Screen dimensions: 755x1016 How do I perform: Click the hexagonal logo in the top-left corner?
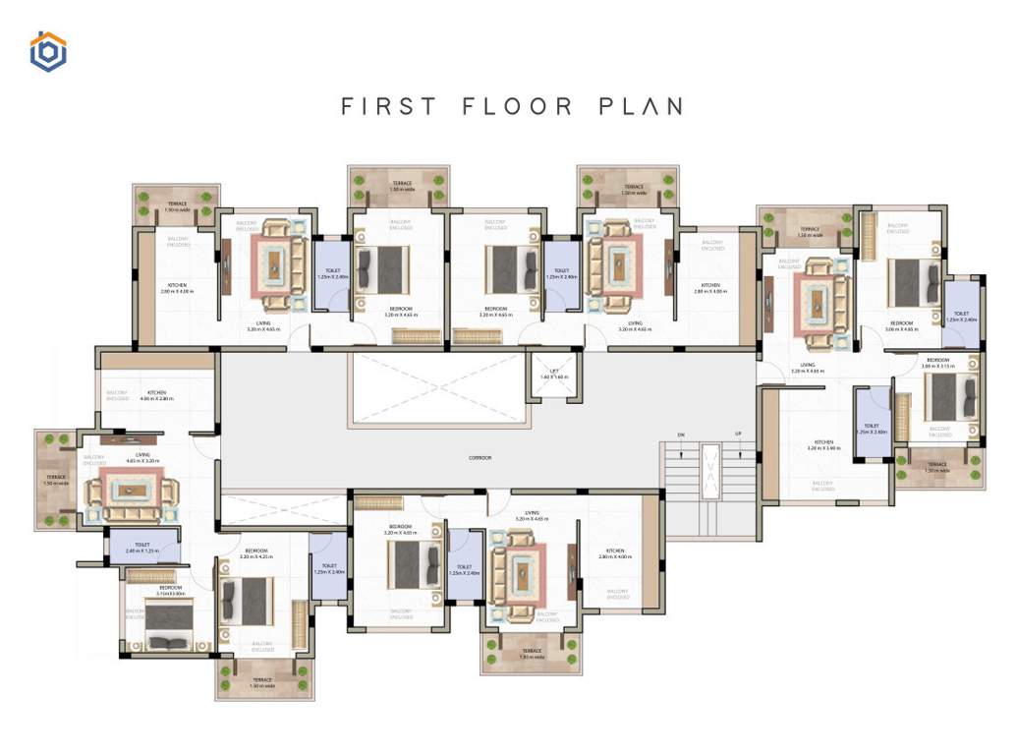pos(47,52)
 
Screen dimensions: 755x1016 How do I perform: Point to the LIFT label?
pos(554,374)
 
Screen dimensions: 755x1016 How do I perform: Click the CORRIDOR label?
pos(480,458)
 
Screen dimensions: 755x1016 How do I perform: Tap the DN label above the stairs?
pos(680,435)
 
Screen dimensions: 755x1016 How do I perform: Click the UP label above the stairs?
pos(736,435)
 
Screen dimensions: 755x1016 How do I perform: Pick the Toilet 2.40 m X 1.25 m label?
pos(142,548)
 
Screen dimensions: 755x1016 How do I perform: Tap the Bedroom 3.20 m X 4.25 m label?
pos(256,553)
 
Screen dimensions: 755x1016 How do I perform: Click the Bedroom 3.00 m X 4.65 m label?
pos(903,325)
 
